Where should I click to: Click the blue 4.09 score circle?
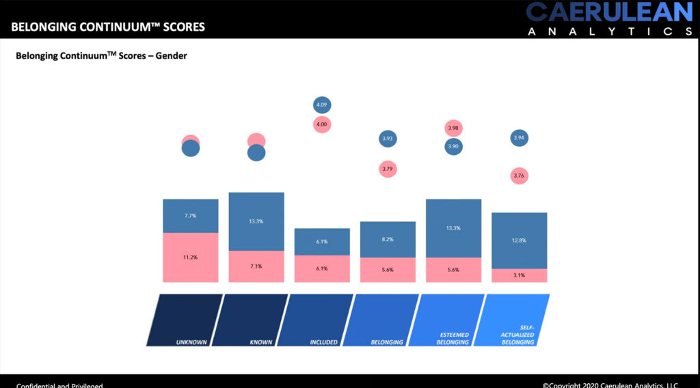[322, 105]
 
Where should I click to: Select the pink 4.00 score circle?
[322, 124]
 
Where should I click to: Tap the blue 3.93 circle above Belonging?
[388, 139]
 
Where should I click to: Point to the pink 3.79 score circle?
[388, 169]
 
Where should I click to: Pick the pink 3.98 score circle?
[453, 128]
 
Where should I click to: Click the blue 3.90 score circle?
[453, 146]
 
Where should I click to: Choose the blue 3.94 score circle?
[519, 139]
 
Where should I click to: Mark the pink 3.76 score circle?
[519, 176]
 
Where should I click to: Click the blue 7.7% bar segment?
[191, 216]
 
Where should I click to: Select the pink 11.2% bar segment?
[191, 258]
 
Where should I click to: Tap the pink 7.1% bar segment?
[256, 266]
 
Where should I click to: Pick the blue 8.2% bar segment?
[388, 240]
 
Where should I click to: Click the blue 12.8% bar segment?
[519, 240]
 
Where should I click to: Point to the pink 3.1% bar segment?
[519, 275]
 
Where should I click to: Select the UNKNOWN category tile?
[185, 320]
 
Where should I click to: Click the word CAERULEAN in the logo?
[609, 12]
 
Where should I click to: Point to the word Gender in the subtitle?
[171, 56]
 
